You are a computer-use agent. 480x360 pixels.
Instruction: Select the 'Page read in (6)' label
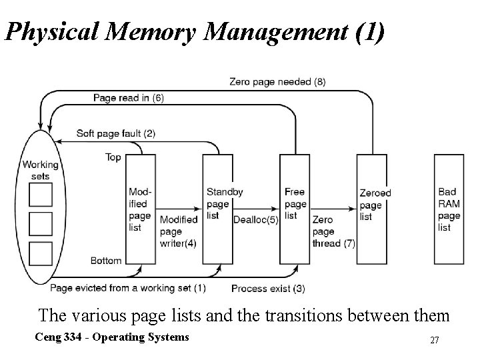(x=128, y=98)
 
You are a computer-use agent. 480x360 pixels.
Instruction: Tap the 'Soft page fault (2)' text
(x=115, y=133)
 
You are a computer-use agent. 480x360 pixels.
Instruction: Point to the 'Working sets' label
(x=40, y=171)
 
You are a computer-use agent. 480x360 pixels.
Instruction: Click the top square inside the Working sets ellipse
(x=40, y=194)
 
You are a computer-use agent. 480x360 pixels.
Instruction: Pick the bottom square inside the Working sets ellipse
(x=40, y=254)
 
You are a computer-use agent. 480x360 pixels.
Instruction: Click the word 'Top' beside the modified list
(x=113, y=157)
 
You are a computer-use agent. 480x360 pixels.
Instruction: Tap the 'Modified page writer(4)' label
(x=179, y=232)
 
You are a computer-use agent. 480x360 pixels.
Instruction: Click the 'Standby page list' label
(x=224, y=203)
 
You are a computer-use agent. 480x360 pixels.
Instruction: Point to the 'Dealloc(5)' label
(x=255, y=220)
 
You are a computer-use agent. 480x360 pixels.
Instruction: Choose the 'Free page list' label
(x=295, y=203)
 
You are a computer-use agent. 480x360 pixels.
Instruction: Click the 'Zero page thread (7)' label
(x=333, y=232)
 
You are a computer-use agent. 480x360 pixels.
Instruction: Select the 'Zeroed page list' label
(x=375, y=205)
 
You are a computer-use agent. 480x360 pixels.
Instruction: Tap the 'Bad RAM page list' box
(x=449, y=209)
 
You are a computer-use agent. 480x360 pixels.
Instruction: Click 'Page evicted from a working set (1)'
(x=127, y=288)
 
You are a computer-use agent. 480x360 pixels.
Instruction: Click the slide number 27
(x=434, y=341)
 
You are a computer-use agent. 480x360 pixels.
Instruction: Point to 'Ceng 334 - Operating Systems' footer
(x=111, y=337)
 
